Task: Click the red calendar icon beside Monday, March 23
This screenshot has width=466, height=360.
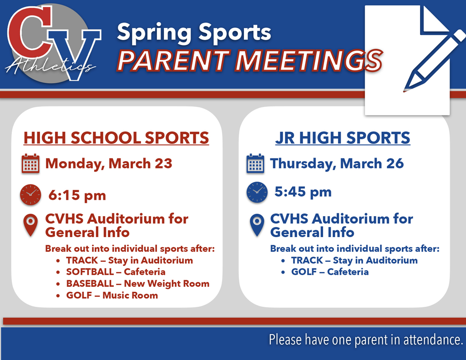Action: click(x=30, y=163)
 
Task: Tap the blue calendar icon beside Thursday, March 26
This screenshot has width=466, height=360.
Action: click(x=255, y=163)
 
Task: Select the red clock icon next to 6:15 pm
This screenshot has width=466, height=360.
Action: click(x=30, y=195)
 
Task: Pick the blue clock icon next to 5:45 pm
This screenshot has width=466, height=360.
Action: click(x=257, y=192)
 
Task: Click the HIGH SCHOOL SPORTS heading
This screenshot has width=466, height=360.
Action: click(x=116, y=137)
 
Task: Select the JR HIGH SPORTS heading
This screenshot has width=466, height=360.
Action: click(x=343, y=137)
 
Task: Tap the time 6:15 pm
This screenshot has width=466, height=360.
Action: click(x=77, y=196)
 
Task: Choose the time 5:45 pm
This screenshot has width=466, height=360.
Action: click(x=303, y=192)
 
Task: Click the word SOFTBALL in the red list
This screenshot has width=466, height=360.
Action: click(x=90, y=272)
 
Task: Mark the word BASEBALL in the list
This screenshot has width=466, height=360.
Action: click(x=90, y=284)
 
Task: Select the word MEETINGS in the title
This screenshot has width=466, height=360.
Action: click(x=307, y=60)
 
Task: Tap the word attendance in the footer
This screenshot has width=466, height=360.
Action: click(x=433, y=340)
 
